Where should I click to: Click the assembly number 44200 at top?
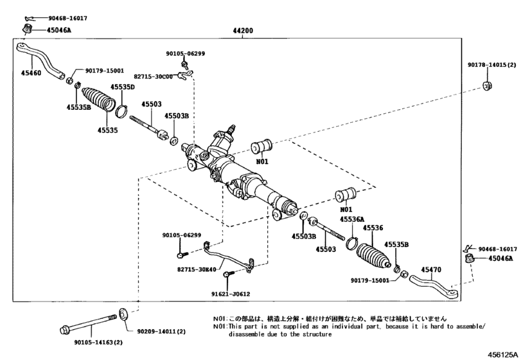(243, 30)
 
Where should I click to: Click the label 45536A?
(351, 219)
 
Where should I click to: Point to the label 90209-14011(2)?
(161, 332)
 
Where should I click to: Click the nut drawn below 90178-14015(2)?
(488, 85)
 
